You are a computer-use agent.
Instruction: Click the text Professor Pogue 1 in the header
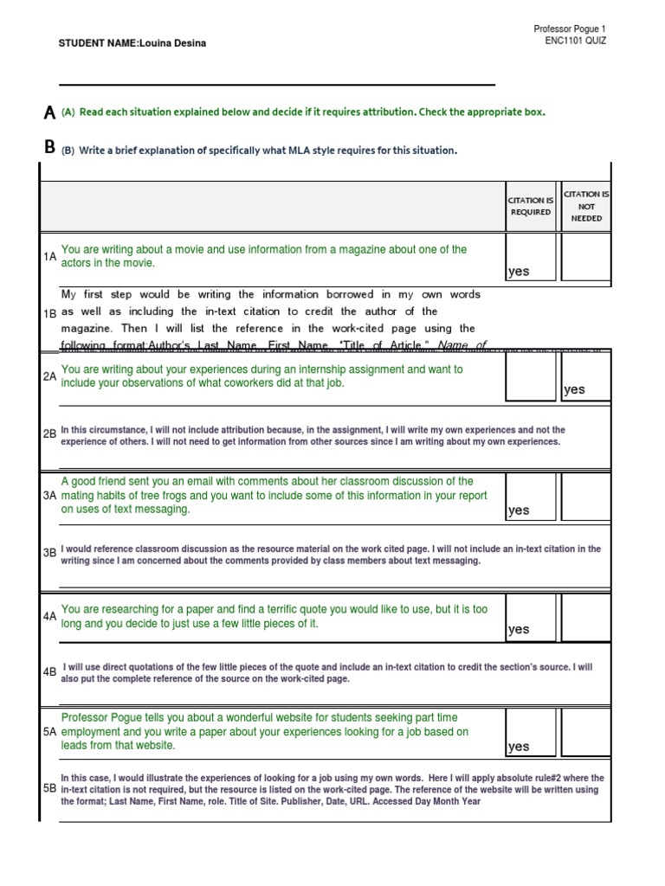click(571, 29)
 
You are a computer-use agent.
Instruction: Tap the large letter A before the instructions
click(49, 112)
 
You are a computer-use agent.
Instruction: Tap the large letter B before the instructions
click(49, 148)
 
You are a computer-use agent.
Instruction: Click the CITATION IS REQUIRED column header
click(530, 206)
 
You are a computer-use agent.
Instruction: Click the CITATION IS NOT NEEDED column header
click(585, 206)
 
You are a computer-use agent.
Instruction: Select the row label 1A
click(49, 257)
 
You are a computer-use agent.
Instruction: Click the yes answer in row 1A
click(519, 272)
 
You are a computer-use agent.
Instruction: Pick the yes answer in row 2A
click(574, 389)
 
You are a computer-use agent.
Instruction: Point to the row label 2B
click(49, 434)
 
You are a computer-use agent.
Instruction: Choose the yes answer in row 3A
click(519, 510)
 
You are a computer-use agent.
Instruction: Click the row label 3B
click(49, 553)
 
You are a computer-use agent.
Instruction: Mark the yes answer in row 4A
click(519, 629)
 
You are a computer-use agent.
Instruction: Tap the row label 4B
click(49, 671)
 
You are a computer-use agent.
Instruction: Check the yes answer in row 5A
click(519, 747)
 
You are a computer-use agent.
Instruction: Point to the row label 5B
click(49, 788)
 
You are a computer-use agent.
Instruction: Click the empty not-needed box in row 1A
click(585, 257)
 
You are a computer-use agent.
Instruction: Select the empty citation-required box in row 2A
click(530, 376)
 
